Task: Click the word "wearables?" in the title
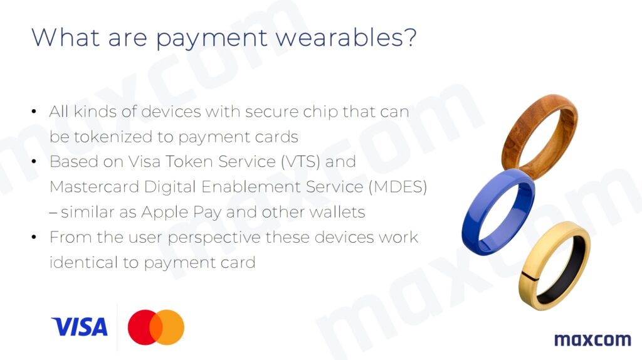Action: (x=346, y=37)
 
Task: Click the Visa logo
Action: (x=80, y=326)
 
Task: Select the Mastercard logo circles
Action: (x=156, y=327)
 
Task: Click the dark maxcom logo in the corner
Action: (x=592, y=339)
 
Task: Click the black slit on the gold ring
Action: (x=529, y=277)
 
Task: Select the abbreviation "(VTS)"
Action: (x=300, y=162)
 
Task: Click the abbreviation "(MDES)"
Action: (x=397, y=187)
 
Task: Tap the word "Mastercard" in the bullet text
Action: (x=94, y=187)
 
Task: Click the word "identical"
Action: (x=83, y=262)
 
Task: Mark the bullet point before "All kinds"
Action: (x=34, y=112)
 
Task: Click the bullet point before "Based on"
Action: (x=34, y=162)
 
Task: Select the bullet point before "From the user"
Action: (x=34, y=237)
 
